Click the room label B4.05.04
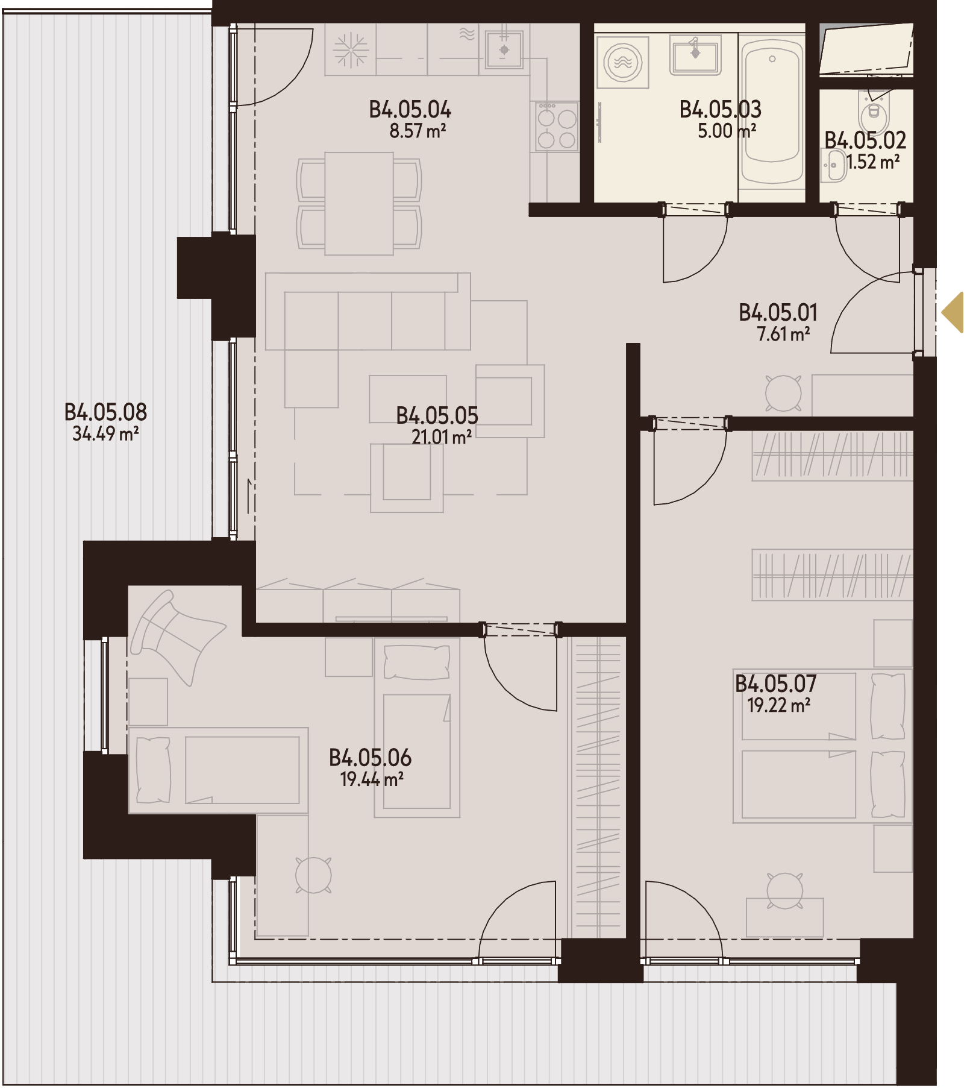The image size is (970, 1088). click(410, 110)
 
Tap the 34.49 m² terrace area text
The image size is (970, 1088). click(105, 433)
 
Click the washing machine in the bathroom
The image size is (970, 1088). click(622, 62)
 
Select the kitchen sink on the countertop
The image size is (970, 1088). click(504, 50)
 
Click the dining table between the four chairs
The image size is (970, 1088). click(359, 203)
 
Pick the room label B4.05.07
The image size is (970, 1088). click(776, 684)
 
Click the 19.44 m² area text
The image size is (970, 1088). click(372, 779)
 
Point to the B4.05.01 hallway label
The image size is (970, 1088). click(778, 312)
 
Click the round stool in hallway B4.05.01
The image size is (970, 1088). click(783, 393)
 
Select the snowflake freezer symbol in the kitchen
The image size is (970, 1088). click(351, 49)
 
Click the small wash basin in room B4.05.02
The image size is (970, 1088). click(834, 165)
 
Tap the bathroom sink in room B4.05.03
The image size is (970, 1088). click(695, 55)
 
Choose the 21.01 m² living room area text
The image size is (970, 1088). click(442, 436)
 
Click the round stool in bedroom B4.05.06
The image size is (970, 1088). click(313, 875)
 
